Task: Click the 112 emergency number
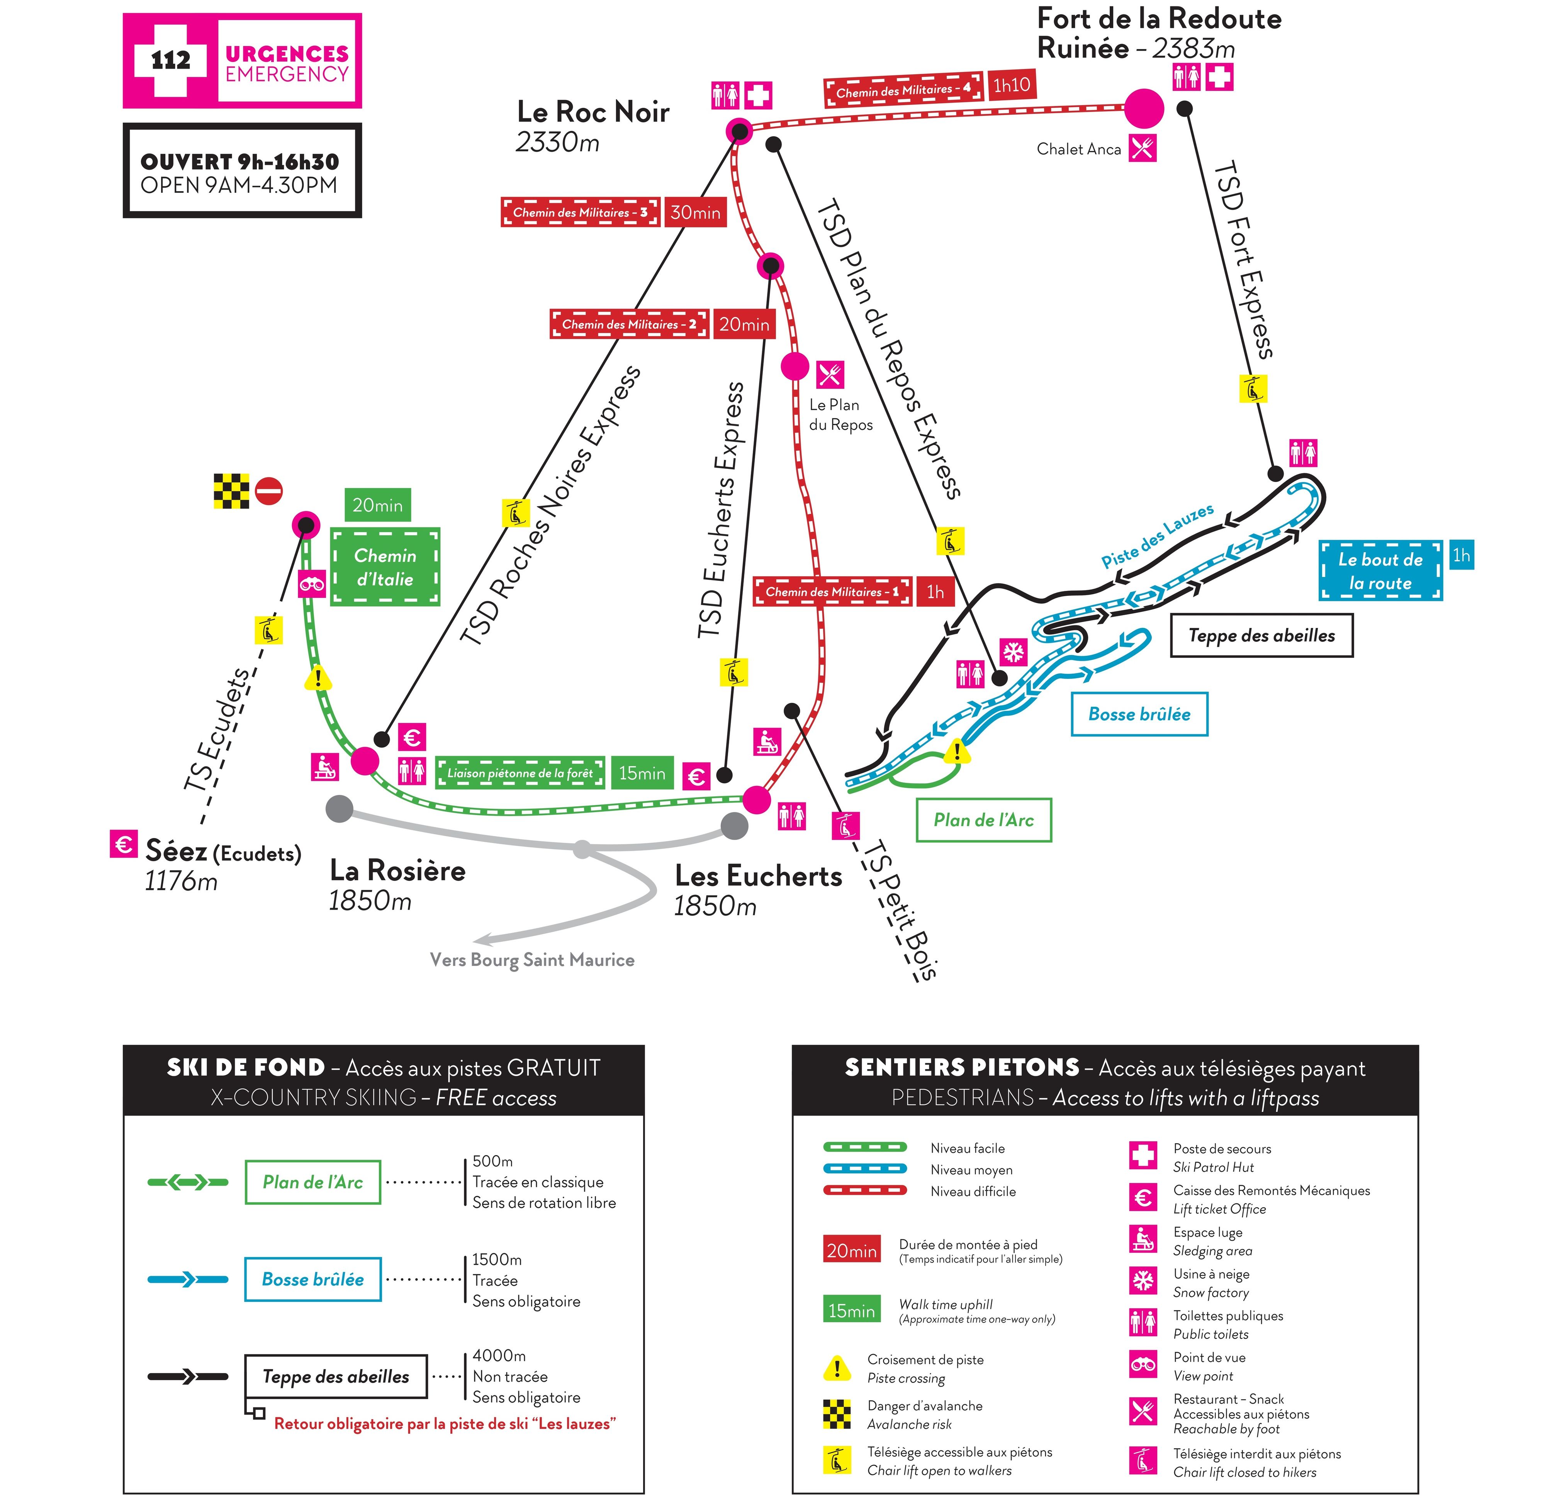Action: (x=170, y=60)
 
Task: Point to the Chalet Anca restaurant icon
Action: (x=1142, y=148)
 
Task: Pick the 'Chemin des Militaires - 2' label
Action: (x=628, y=324)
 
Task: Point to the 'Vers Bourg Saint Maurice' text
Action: (x=532, y=960)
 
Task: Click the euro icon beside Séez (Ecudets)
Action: (x=124, y=844)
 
